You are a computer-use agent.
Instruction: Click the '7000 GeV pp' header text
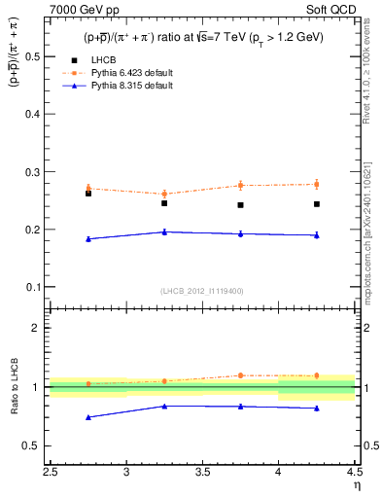point(80,9)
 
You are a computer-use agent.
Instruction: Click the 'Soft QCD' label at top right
point(330,9)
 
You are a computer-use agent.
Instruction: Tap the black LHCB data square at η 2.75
point(88,194)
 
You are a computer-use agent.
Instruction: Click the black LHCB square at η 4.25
point(317,204)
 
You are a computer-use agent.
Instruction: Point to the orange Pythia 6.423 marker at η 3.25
point(164,194)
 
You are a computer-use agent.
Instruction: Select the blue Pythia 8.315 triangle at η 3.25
point(164,231)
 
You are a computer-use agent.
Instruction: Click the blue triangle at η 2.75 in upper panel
point(88,238)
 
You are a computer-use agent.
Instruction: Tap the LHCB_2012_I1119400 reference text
point(201,291)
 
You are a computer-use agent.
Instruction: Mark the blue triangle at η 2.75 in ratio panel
point(88,417)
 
